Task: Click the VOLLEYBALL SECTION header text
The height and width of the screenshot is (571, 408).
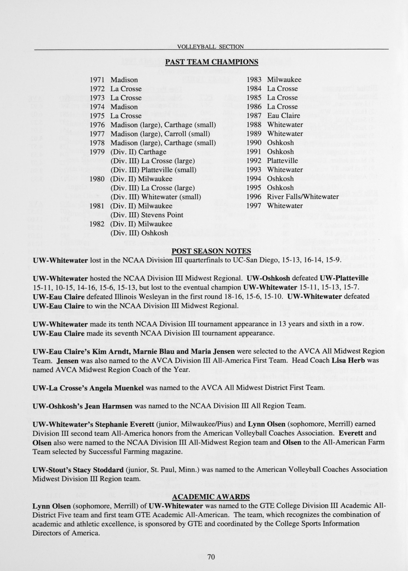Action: click(x=210, y=47)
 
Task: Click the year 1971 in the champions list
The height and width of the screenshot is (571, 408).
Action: click(x=97, y=80)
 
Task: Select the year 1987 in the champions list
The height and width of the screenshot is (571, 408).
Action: click(x=254, y=116)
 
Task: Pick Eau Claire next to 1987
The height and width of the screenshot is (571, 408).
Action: click(x=283, y=116)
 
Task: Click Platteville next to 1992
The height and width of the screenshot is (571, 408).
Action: click(x=282, y=161)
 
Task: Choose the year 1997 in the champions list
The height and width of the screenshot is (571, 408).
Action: click(x=254, y=206)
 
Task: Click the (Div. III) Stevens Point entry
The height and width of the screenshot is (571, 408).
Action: click(x=147, y=215)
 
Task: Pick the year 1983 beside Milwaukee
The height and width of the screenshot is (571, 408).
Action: click(x=254, y=80)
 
